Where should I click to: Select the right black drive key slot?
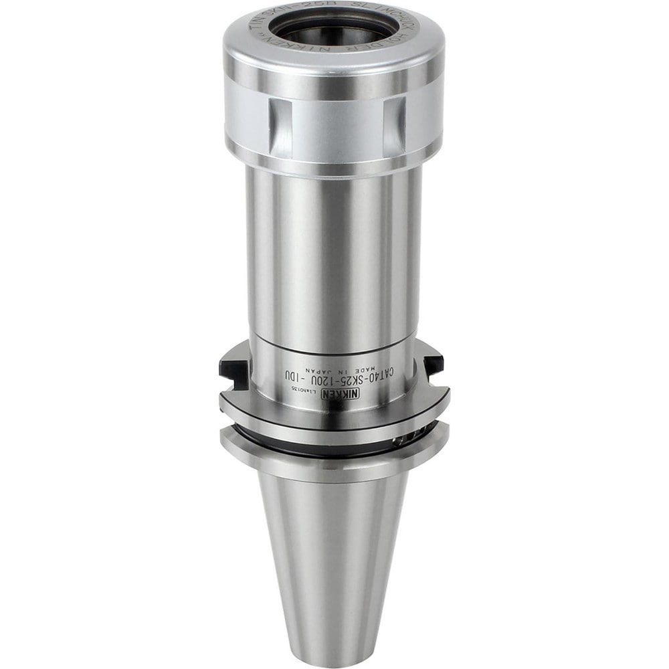click(x=432, y=364)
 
